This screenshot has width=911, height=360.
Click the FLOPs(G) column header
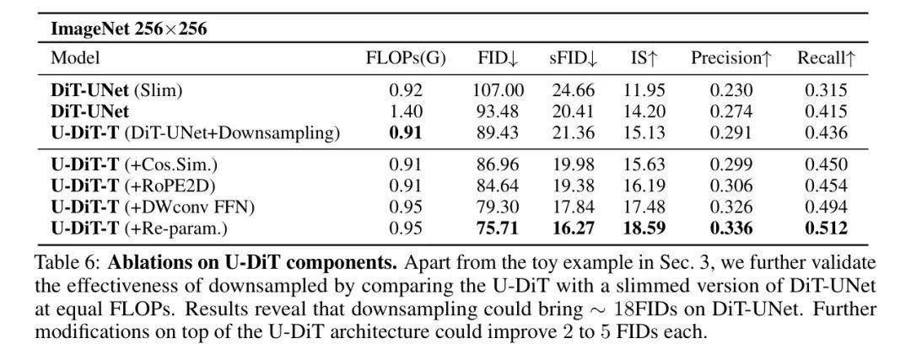click(x=406, y=58)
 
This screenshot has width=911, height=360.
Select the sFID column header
click(x=574, y=58)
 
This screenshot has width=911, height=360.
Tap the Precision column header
click(x=731, y=58)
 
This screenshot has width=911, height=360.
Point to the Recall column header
click(x=827, y=58)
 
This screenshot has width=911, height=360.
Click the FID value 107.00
click(x=499, y=90)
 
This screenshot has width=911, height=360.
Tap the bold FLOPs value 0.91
click(x=406, y=132)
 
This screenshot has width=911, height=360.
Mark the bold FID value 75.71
click(x=499, y=228)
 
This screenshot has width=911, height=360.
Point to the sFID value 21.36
click(x=574, y=132)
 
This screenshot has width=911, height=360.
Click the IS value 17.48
click(x=645, y=207)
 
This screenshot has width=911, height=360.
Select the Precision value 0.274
click(x=731, y=111)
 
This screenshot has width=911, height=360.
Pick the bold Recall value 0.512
click(x=827, y=228)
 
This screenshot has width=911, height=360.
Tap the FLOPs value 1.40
click(x=406, y=111)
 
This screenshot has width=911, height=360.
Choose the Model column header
click(x=75, y=58)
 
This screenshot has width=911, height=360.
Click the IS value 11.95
click(x=645, y=90)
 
